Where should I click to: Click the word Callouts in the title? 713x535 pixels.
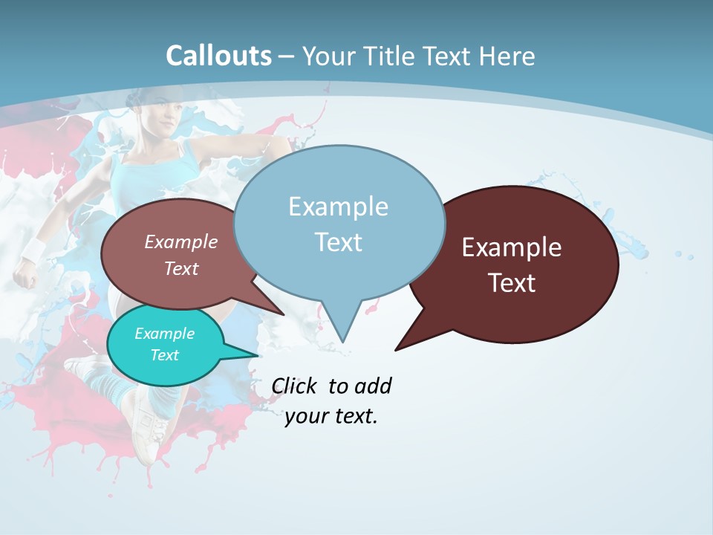pyautogui.click(x=218, y=56)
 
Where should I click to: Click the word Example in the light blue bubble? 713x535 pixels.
pyautogui.click(x=338, y=207)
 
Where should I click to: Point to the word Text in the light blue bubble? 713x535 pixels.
pyautogui.click(x=338, y=242)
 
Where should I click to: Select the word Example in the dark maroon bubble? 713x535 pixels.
pyautogui.click(x=512, y=247)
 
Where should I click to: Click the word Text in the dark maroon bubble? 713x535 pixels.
pyautogui.click(x=512, y=283)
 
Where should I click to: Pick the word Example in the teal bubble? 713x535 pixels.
pyautogui.click(x=164, y=334)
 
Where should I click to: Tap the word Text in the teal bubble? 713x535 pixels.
pyautogui.click(x=164, y=355)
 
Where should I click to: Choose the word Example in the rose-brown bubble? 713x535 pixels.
pyautogui.click(x=180, y=241)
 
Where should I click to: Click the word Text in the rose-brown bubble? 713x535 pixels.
pyautogui.click(x=180, y=268)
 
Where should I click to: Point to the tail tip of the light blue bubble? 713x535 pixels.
pyautogui.click(x=342, y=341)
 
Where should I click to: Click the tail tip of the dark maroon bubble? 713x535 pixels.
pyautogui.click(x=396, y=349)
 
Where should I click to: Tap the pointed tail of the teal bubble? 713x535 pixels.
pyautogui.click(x=256, y=356)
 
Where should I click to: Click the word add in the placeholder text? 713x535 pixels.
pyautogui.click(x=372, y=386)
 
